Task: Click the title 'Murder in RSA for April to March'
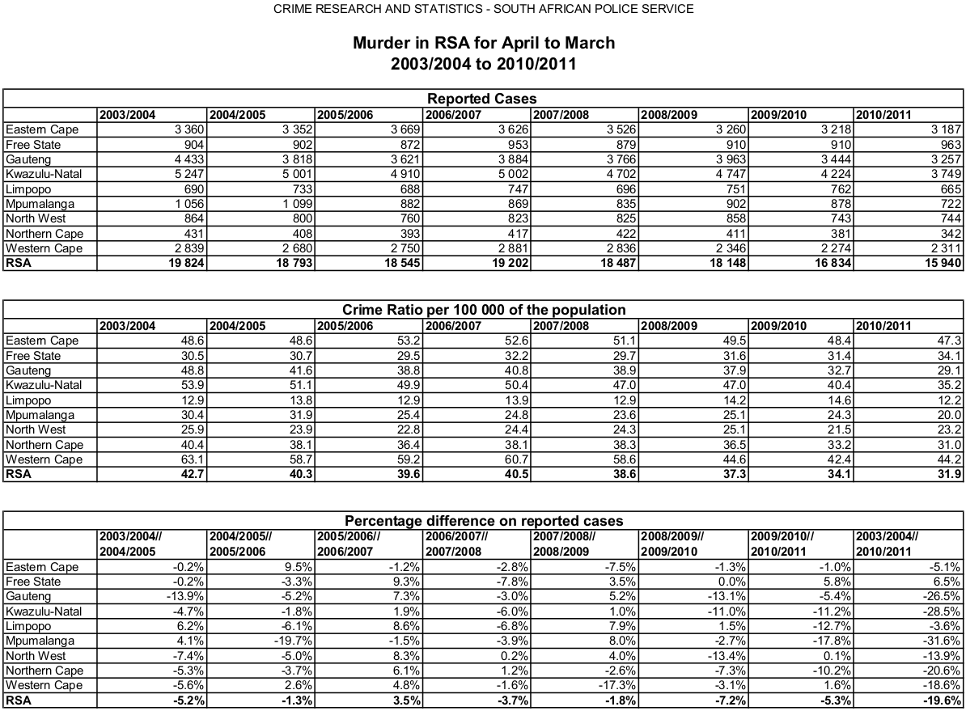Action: coord(483,43)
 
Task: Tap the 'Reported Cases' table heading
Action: coord(482,99)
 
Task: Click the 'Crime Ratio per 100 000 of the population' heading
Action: coord(483,310)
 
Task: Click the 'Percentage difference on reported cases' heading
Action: coord(483,521)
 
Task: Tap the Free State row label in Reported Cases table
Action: coord(33,145)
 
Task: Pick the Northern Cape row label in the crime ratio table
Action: coord(44,445)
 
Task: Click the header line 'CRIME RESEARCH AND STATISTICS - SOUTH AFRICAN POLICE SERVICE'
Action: coord(483,9)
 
